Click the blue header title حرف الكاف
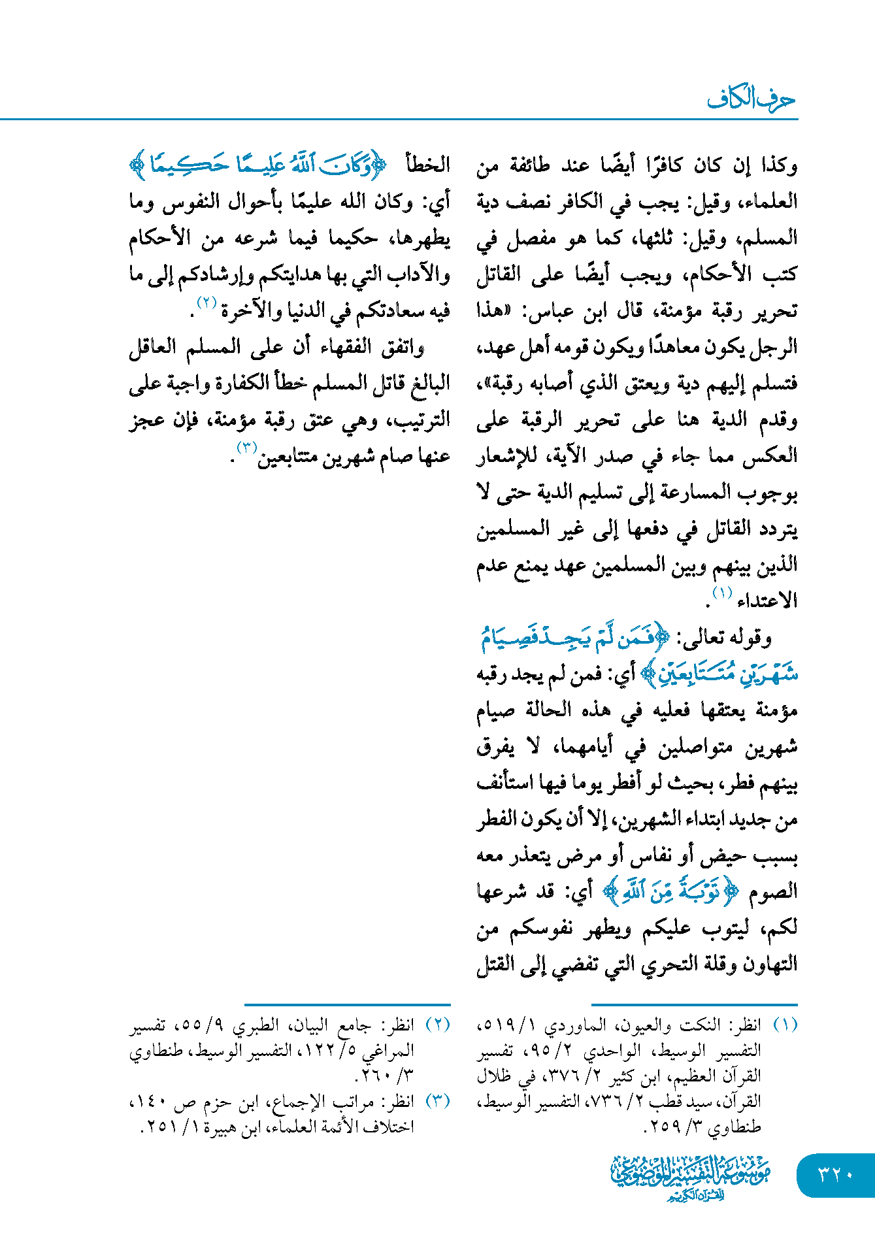[751, 99]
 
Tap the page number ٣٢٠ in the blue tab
[836, 1174]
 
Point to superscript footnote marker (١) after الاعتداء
[722, 593]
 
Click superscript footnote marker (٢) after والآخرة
[206, 303]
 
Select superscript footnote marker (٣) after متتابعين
[247, 448]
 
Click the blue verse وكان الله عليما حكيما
[261, 165]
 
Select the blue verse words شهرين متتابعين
[719, 674]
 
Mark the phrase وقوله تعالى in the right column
[724, 638]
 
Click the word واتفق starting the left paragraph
[403, 347]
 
